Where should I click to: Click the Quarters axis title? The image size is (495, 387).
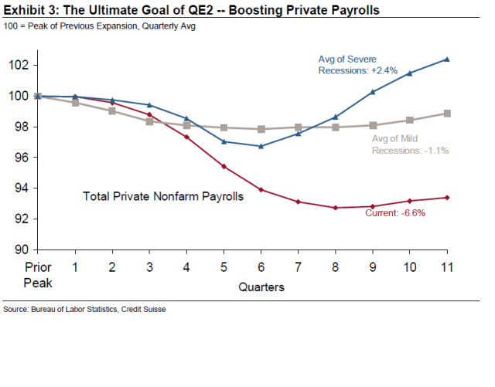coord(261,287)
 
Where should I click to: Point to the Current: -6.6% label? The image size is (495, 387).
coord(394,212)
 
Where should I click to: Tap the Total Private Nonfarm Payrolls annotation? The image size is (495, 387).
coord(163,197)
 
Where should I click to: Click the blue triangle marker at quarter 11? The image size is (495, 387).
coord(447,59)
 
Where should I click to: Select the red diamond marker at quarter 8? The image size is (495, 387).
coord(335,208)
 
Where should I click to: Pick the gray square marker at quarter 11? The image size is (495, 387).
coord(447,114)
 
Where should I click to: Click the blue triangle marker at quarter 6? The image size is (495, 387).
coord(261,146)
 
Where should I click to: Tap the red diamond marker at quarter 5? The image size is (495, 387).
coord(224,166)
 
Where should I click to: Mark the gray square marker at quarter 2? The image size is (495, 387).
coord(112,110)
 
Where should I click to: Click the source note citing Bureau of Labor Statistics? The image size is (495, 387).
coord(84,310)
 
